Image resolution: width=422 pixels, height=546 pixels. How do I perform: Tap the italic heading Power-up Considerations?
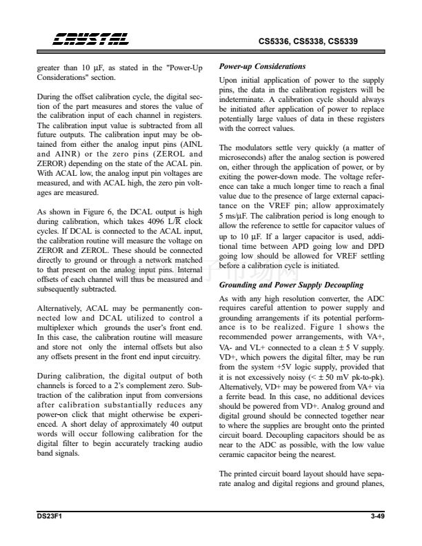click(262, 67)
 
